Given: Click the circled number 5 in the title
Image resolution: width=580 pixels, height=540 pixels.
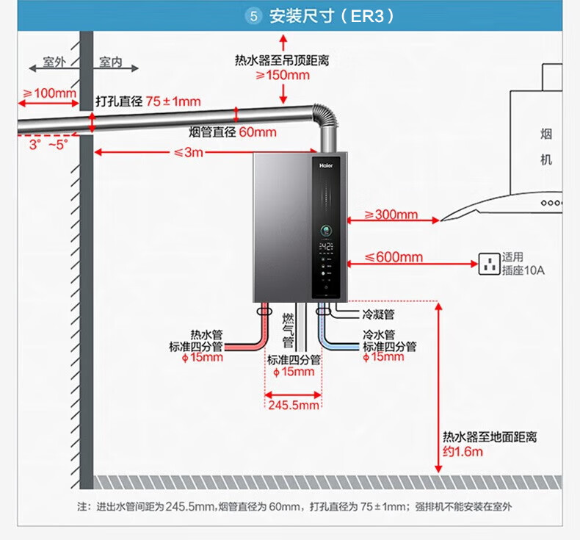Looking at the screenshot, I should (255, 16).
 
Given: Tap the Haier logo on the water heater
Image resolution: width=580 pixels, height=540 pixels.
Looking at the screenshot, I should (325, 165).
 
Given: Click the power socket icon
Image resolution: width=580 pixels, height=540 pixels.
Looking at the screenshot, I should (488, 264).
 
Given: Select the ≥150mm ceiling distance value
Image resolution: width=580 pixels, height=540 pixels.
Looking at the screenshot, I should (283, 75).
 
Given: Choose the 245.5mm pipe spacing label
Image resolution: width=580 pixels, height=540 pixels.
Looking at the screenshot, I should (294, 405).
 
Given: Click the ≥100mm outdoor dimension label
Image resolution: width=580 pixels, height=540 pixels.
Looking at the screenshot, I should (49, 93).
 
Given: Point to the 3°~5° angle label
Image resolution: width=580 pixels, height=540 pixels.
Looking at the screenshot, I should (48, 145).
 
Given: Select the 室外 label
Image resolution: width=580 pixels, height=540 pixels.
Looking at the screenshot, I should (54, 62).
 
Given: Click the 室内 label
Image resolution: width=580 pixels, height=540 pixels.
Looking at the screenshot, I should (110, 62).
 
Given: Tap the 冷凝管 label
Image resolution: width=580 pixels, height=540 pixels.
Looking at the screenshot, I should (379, 314).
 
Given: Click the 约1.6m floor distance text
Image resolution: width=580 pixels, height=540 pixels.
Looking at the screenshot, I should (463, 451).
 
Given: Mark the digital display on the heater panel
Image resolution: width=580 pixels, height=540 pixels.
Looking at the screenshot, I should (326, 247).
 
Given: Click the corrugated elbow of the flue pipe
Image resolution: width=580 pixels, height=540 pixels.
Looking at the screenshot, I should (325, 121).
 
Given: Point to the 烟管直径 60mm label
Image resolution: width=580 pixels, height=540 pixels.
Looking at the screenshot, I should (232, 132).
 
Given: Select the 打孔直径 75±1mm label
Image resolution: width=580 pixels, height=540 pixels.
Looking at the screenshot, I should (148, 101).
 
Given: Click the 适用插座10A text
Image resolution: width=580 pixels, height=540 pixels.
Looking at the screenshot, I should (523, 264).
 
